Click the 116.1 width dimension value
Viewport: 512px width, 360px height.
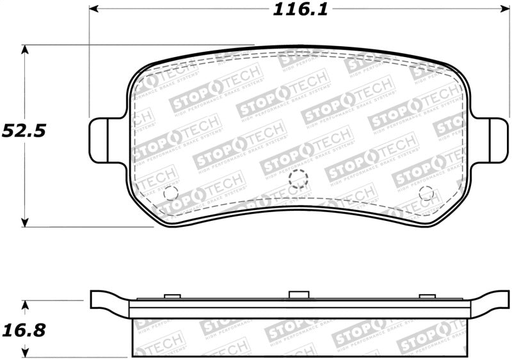(x=296, y=10)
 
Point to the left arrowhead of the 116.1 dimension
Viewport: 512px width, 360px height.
(x=93, y=10)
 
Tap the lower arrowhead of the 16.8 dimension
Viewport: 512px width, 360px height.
(x=25, y=353)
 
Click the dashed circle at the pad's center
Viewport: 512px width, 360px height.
(x=298, y=179)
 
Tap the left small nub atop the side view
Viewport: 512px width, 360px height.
(x=172, y=296)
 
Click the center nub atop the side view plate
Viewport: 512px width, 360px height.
(x=298, y=295)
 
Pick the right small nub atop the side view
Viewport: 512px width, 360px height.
(x=426, y=296)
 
